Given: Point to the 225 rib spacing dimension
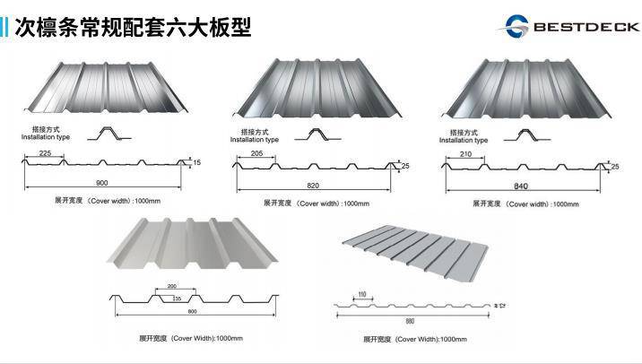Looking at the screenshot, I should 51,154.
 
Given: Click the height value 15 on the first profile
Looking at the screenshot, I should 197,162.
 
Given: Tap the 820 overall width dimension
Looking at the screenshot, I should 312,186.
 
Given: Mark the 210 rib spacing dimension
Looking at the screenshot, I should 464,155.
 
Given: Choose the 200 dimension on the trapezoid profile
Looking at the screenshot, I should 171,287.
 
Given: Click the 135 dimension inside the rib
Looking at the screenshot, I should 176,298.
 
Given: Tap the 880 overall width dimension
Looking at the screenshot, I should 410,320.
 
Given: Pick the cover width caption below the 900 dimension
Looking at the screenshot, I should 103,201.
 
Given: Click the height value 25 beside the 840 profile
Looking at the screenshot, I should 614,167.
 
